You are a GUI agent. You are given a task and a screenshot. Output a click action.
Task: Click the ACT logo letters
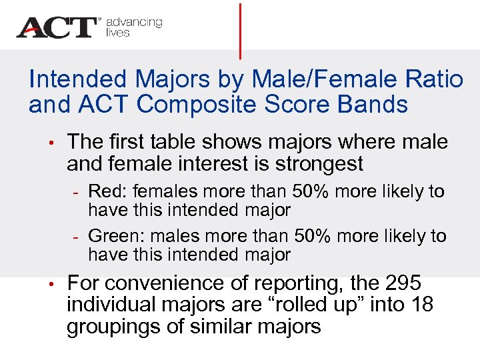57,27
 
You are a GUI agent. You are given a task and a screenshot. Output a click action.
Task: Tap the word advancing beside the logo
134,22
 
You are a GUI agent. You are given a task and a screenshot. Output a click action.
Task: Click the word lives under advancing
117,33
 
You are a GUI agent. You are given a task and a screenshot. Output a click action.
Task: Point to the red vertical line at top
240,30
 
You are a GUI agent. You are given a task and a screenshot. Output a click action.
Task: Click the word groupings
118,327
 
